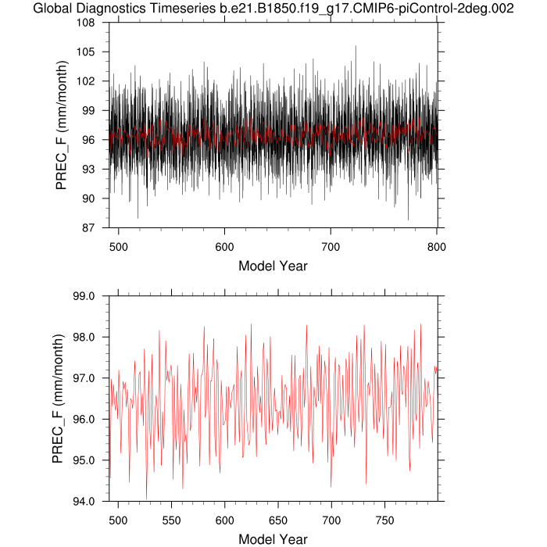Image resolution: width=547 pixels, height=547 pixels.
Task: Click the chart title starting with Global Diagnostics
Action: [273, 9]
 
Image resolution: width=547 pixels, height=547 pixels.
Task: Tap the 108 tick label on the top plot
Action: [95, 23]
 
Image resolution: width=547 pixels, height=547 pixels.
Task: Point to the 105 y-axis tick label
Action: [95, 52]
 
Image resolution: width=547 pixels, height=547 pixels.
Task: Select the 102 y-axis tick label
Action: [95, 81]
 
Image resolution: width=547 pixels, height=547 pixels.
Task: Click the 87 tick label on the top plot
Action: [98, 227]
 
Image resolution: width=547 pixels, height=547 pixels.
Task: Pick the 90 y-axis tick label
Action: [98, 198]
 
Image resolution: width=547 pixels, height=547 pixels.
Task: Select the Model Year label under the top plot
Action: [273, 266]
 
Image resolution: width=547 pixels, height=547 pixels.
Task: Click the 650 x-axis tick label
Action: [277, 518]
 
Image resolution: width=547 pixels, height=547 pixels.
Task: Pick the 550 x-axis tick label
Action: [171, 518]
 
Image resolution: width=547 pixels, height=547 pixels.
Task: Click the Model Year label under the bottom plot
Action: [273, 539]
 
